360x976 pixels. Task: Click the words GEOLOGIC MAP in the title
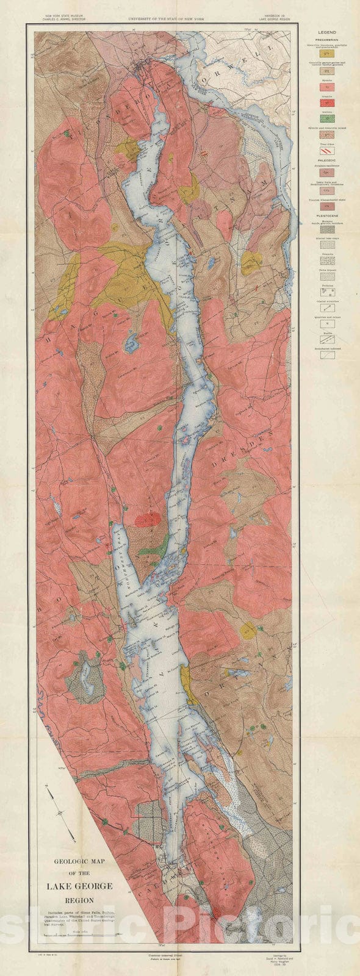[76, 863]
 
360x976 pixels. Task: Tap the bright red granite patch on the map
[147, 520]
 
